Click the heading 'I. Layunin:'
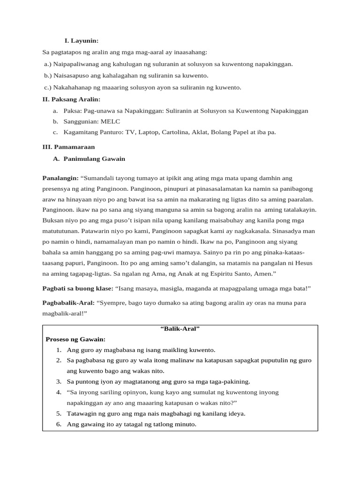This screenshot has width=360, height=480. coord(81,41)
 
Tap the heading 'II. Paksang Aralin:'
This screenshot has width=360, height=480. coord(71,99)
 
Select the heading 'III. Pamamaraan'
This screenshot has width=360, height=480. coord(68,147)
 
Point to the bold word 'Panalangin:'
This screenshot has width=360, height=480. coord(60,179)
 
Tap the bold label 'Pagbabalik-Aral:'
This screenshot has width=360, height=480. coord(68,303)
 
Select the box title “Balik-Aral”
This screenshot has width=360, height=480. coord(180,329)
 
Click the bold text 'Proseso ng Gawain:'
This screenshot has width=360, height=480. coord(75,339)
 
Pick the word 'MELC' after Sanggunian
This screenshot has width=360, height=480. coord(111,121)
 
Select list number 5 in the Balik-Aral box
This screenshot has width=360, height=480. coord(59,413)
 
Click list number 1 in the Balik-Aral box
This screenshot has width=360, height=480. coord(59,350)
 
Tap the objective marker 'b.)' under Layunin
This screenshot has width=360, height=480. coord(48,75)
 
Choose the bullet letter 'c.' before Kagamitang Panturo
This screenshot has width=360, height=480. coord(55,132)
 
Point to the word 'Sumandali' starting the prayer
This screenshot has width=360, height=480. coord(99,179)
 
